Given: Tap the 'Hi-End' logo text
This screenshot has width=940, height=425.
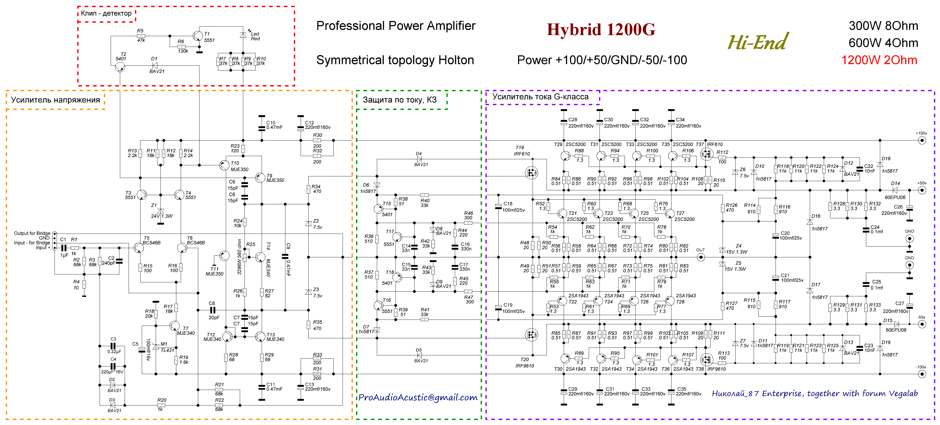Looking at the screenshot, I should point(758,42).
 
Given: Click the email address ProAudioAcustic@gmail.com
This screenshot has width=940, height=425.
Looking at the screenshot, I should point(418,397).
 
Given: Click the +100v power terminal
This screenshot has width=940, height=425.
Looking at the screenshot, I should point(922,140).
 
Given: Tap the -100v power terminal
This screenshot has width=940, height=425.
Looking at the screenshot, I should point(922,374).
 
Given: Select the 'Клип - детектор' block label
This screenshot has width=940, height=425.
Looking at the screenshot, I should point(106,13).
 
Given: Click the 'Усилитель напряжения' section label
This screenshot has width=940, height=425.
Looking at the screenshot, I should point(55,100).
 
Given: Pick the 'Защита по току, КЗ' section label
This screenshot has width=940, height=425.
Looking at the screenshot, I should point(400,100).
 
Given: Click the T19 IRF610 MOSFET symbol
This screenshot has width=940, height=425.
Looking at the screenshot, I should point(531,172).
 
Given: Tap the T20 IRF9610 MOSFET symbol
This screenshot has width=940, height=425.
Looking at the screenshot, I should point(531,334).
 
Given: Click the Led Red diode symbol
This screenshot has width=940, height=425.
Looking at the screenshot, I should point(243,35).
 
